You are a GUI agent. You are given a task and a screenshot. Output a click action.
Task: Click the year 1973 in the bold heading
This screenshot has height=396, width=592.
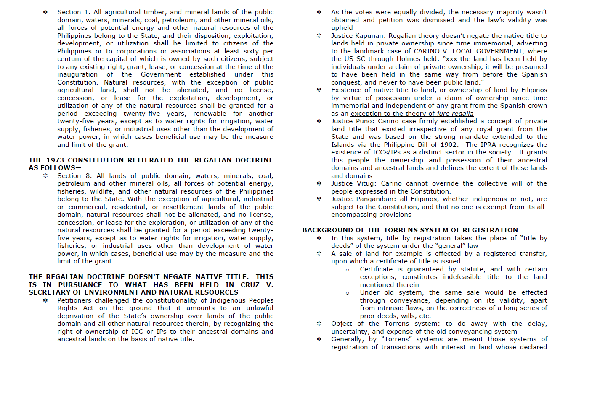click(55, 160)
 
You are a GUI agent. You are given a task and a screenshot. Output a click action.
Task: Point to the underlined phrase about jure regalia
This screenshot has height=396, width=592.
click(412, 114)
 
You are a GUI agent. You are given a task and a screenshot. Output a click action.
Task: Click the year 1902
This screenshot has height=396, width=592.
click(449, 145)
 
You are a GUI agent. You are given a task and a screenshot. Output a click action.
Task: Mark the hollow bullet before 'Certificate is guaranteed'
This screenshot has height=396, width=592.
click(347, 270)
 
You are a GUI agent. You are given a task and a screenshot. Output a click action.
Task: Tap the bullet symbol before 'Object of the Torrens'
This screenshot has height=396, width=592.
click(319, 324)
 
